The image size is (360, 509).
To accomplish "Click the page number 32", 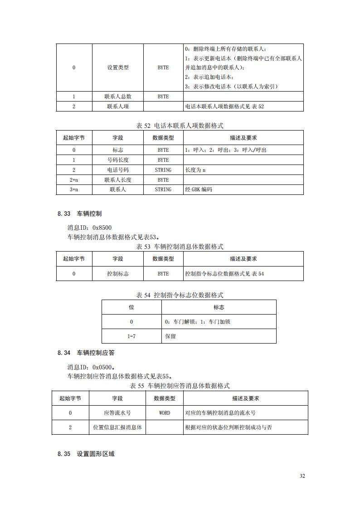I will point(302,476).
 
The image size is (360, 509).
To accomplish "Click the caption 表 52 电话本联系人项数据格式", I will point(180,126).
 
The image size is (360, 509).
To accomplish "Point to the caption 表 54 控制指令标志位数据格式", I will point(180,295).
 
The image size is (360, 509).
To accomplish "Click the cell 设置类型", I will point(118,68).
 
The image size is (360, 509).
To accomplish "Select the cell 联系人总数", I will point(118,97).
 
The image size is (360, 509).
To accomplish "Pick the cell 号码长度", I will point(118,160).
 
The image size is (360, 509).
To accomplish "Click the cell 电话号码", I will point(118,170).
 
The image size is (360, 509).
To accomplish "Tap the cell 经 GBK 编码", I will point(199,189).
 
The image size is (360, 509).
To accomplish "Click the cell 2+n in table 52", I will point(74,180).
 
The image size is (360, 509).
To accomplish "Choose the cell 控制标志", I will point(118,274).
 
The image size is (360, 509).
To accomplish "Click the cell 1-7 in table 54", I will point(131,336).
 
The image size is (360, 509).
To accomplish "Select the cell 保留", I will point(171,336).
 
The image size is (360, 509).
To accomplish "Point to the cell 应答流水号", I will point(117,413).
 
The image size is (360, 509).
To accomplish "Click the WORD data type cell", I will point(165,413).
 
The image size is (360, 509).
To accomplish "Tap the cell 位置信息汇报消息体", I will point(117,427).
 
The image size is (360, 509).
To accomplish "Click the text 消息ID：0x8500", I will point(89,228).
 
